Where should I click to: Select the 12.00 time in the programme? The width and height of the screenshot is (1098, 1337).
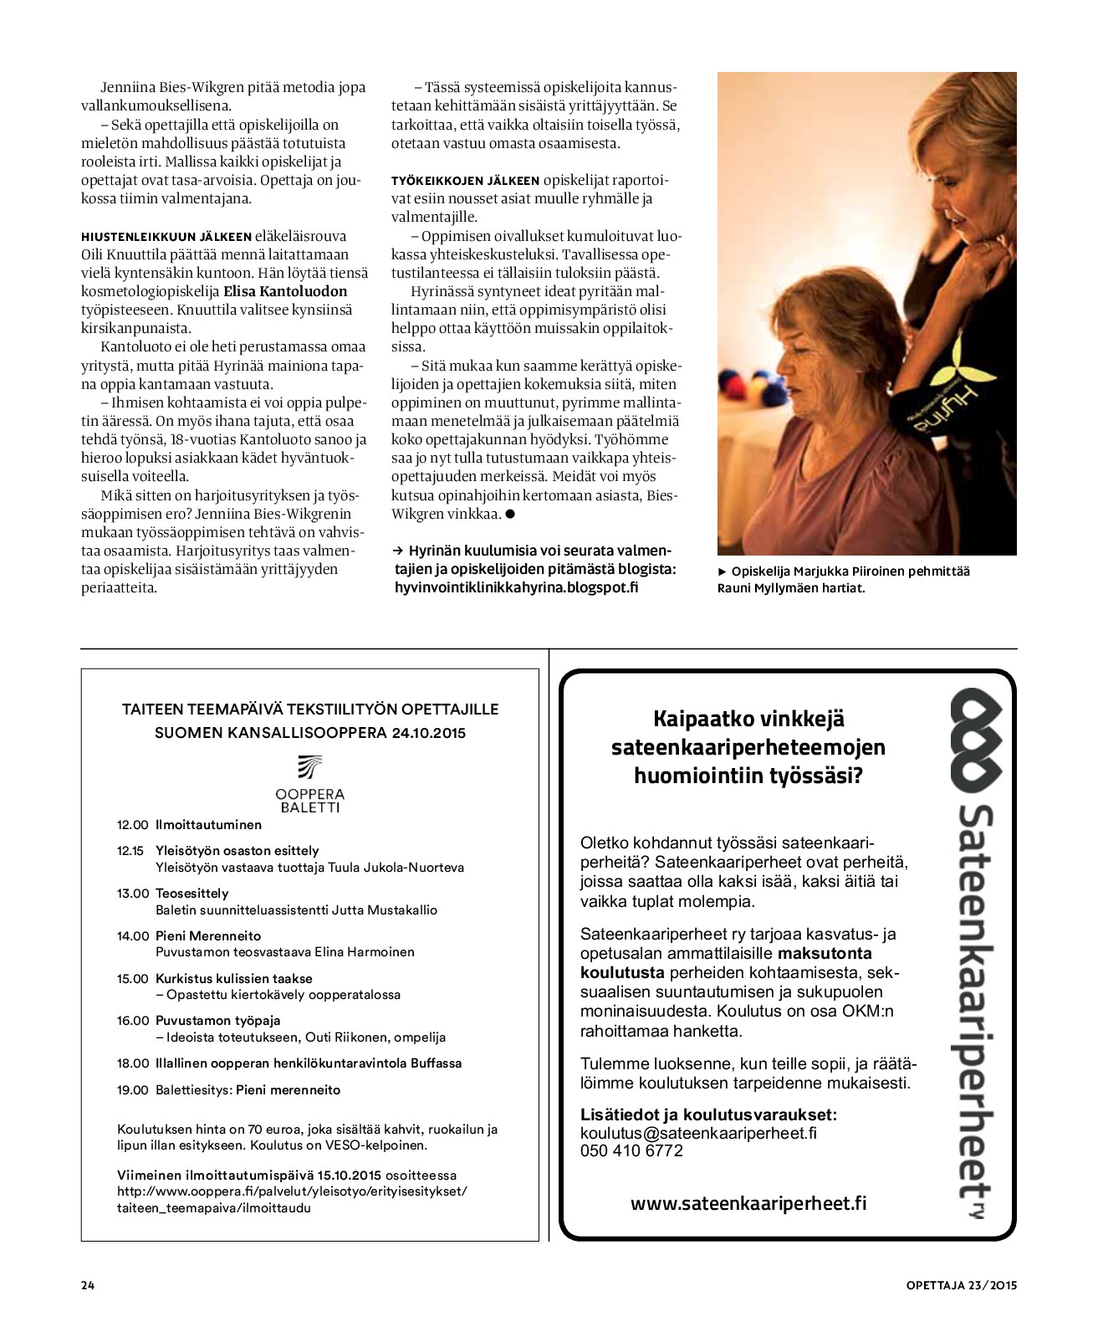[x=132, y=825]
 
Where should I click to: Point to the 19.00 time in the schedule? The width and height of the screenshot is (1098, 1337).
[x=132, y=1090]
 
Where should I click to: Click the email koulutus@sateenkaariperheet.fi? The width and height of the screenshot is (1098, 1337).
[x=698, y=1133]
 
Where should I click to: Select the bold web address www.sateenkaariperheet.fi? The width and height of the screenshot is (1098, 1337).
[x=748, y=1204]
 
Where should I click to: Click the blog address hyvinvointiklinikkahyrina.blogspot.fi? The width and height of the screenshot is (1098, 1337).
[x=516, y=587]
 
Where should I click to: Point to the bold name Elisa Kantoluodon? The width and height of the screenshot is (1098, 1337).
[x=285, y=292]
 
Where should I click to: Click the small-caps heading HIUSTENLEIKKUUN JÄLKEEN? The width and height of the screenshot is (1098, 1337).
[x=166, y=237]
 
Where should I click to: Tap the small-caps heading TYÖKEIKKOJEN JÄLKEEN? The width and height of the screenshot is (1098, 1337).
[x=465, y=181]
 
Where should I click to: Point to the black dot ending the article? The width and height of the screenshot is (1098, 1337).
[x=509, y=514]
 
